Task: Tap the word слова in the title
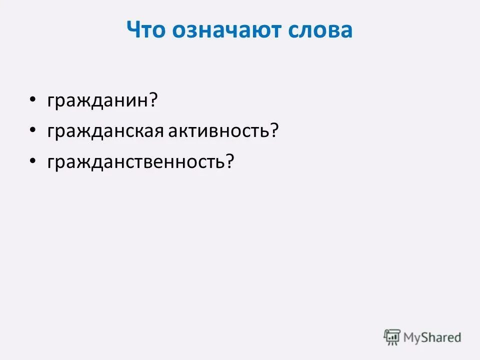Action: pyautogui.click(x=320, y=30)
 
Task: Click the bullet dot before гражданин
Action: pyautogui.click(x=32, y=100)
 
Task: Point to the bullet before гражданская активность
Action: pyautogui.click(x=32, y=130)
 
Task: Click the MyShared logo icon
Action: pyautogui.click(x=392, y=337)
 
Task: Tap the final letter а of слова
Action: pyautogui.click(x=346, y=30)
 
